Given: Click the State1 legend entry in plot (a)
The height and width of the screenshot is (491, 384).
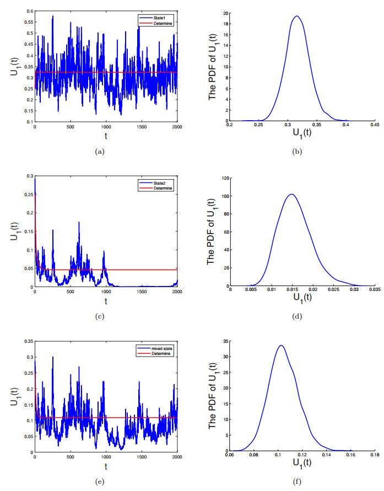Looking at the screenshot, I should pos(158,17).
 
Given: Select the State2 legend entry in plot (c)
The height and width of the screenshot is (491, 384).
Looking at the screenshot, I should pos(158,182).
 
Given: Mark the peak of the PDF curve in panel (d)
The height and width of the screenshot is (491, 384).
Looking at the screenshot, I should pos(291,194).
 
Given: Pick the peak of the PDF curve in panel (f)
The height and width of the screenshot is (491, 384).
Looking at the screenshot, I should pos(281,346).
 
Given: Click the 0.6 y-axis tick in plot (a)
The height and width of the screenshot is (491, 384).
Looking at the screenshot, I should pos(29,11).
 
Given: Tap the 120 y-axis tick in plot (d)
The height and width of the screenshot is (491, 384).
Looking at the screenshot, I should pos(224,178).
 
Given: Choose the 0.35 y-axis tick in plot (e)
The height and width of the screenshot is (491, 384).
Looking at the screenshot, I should pos(28,342).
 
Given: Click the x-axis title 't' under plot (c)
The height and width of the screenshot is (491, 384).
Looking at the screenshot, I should pos(106,302).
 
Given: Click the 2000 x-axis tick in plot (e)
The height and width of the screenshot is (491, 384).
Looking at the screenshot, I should pos(177,457).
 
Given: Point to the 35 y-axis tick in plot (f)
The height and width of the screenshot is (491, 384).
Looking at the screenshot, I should pos(225,342).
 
